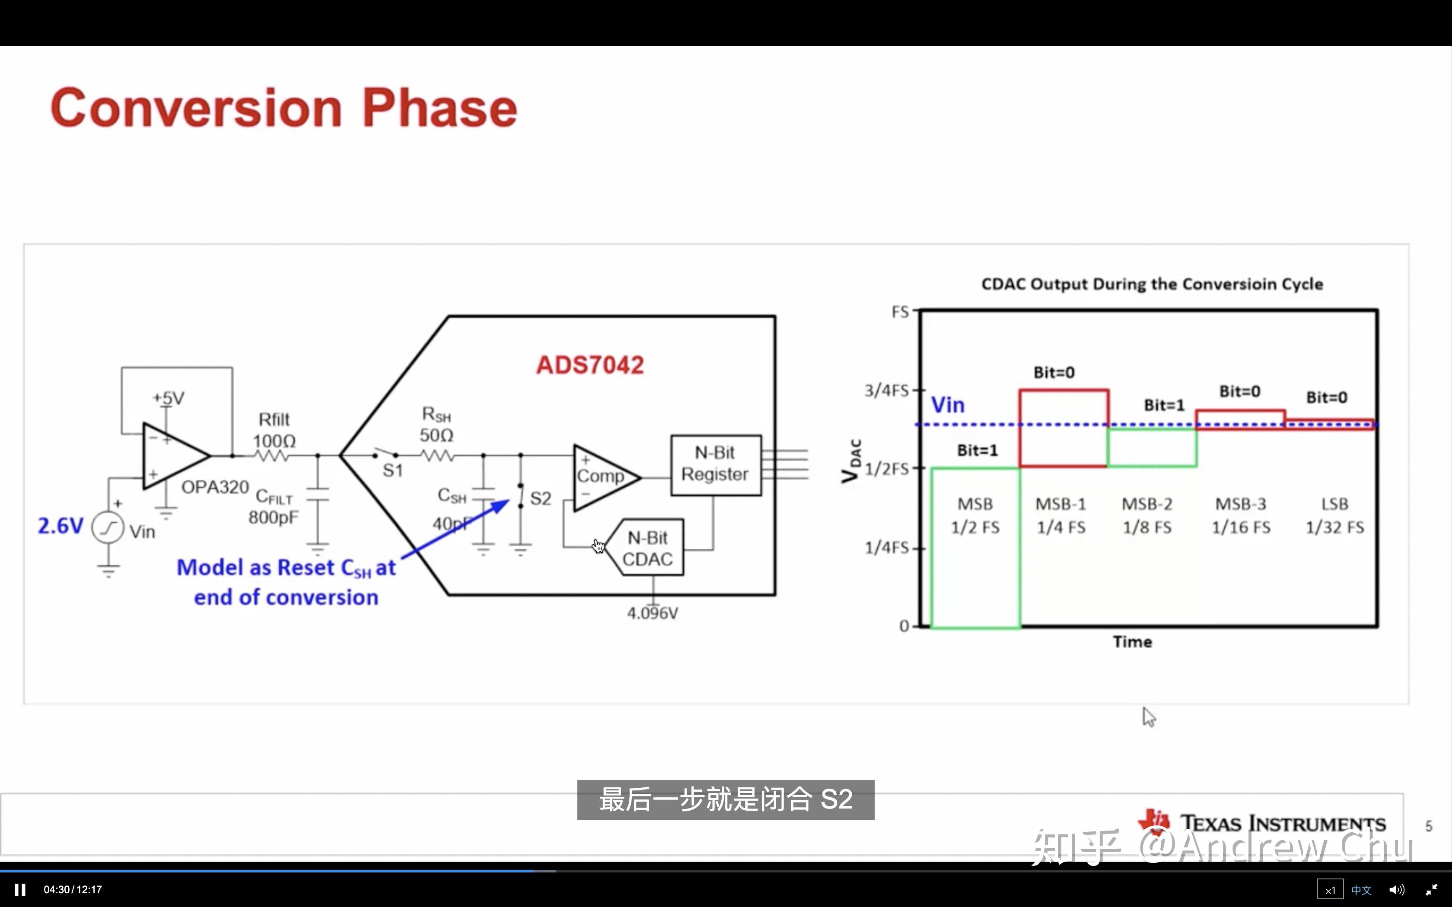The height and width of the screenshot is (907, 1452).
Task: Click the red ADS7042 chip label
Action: [x=590, y=365]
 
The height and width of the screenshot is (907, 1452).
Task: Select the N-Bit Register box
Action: [x=715, y=464]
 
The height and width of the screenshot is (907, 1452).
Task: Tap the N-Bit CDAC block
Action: [x=647, y=548]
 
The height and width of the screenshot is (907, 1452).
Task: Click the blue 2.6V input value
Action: [x=60, y=526]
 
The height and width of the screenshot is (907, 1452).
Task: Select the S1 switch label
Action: [x=392, y=471]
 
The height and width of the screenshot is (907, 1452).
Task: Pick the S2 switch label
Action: [x=540, y=498]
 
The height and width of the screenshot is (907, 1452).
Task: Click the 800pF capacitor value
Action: [x=273, y=517]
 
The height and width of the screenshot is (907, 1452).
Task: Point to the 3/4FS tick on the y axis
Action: [x=887, y=390]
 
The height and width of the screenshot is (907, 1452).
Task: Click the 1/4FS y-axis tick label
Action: [x=887, y=547]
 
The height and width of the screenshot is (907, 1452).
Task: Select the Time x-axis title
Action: [x=1132, y=642]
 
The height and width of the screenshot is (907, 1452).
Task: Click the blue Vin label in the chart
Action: [x=947, y=405]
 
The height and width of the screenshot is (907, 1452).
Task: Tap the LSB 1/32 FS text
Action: [x=1334, y=516]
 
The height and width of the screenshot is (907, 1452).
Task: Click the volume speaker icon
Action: [x=1397, y=890]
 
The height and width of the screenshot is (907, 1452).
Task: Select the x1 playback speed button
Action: [x=1330, y=890]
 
